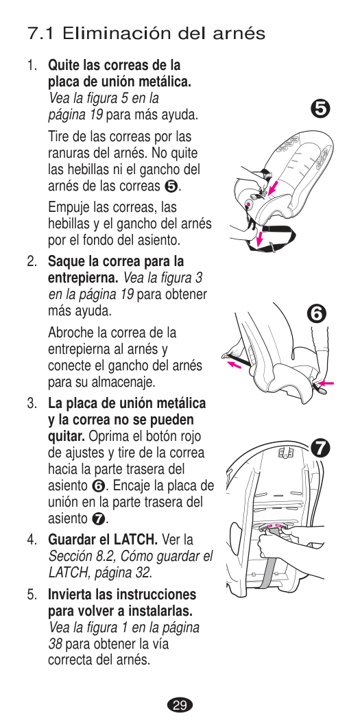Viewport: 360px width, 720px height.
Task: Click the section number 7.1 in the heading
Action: [x=43, y=34]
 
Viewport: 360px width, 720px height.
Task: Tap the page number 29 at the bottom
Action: [x=180, y=705]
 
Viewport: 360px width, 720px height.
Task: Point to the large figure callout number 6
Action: [x=317, y=315]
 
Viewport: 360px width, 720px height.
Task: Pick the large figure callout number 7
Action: [x=320, y=448]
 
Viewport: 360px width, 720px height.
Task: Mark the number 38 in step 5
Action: [x=56, y=645]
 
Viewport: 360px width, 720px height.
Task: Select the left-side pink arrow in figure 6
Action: [x=235, y=365]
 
